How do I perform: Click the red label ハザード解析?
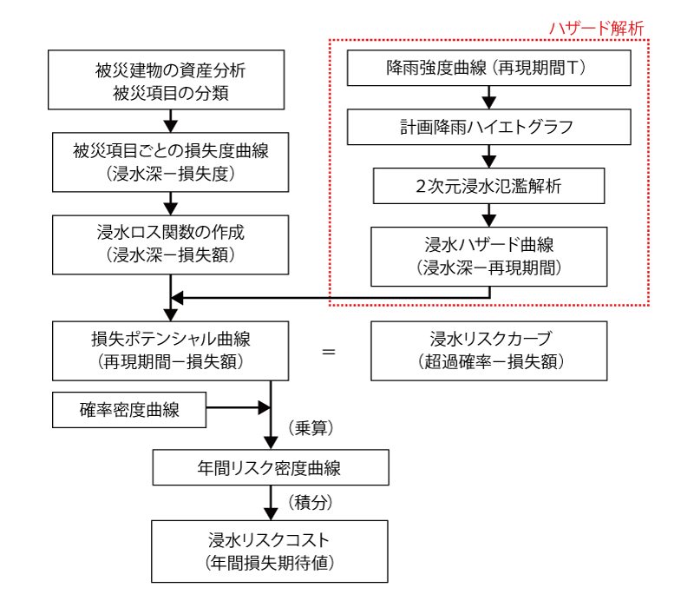point(596,29)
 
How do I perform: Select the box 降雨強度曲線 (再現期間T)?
point(488,68)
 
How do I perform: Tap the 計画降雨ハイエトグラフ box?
point(488,127)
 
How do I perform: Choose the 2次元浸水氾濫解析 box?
point(488,186)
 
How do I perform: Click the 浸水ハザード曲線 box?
point(488,256)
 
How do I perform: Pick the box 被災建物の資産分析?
point(166,80)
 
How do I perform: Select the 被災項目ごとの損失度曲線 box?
point(170,162)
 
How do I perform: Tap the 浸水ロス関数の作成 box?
point(170,245)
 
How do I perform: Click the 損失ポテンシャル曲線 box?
point(170,351)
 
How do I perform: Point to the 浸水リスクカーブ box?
point(488,351)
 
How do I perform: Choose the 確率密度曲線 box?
point(129,410)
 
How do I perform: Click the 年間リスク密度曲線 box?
point(271,467)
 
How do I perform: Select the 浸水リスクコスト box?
point(270,551)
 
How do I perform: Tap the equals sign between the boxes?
point(329,352)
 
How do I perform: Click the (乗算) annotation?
point(311,428)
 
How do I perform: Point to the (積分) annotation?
point(311,503)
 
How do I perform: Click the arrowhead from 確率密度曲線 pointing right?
point(265,407)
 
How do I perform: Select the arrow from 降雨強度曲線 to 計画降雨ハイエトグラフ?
point(488,97)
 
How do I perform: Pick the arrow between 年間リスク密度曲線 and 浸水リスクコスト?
point(271,503)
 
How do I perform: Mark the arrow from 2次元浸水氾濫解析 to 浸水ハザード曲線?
point(488,215)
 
